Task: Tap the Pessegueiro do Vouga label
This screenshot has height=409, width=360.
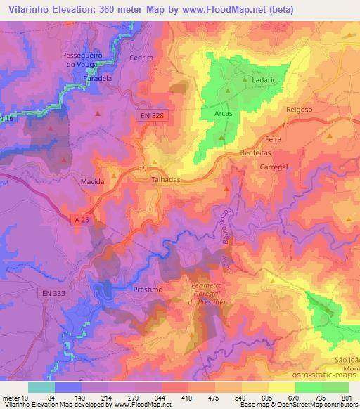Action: pos(88,60)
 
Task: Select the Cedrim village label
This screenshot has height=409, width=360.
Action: pos(141,58)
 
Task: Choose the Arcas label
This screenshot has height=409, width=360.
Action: pos(222,112)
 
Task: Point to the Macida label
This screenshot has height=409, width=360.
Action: pos(93,181)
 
